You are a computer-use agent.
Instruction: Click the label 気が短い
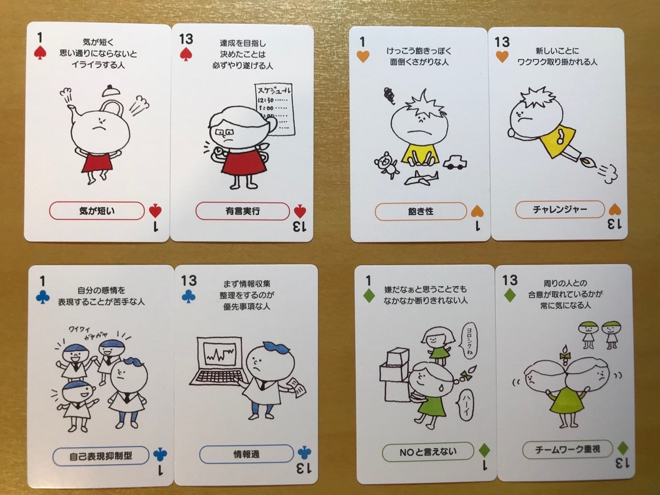pyautogui.click(x=97, y=211)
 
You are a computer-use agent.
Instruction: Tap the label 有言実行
pyautogui.click(x=242, y=211)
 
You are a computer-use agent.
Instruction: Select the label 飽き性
pyautogui.click(x=420, y=211)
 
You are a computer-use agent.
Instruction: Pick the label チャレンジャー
pyautogui.click(x=560, y=209)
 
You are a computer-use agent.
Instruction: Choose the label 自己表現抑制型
pyautogui.click(x=101, y=456)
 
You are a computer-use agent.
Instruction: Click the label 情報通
pyautogui.click(x=246, y=454)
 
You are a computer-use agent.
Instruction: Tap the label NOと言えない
pyautogui.click(x=428, y=452)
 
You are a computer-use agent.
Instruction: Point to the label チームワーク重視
pyautogui.click(x=567, y=450)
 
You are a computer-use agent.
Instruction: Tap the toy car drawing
pyautogui.click(x=455, y=162)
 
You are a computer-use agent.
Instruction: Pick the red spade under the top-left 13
pyautogui.click(x=186, y=54)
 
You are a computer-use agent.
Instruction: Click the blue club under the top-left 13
pyautogui.click(x=188, y=296)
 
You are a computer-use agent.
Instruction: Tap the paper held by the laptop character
pyautogui.click(x=297, y=386)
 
